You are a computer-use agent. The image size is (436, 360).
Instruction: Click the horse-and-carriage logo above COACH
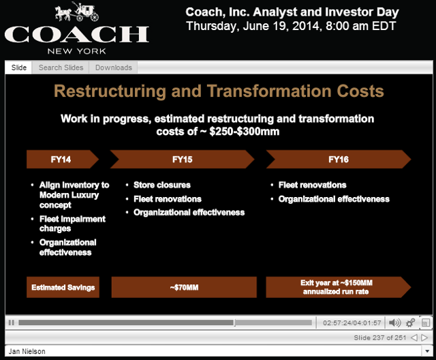point(77,12)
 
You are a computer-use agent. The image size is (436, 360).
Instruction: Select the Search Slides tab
point(61,67)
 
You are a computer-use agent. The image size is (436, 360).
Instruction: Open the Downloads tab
point(114,67)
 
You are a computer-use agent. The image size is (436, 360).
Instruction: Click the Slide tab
point(18,67)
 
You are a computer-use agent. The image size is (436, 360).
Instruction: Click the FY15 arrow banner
point(183,159)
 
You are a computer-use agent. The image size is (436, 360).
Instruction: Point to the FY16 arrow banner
point(339,159)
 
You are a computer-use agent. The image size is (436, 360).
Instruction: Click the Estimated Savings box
point(63,287)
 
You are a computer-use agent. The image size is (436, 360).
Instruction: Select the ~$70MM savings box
point(184,287)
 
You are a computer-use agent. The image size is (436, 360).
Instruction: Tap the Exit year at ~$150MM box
point(338,287)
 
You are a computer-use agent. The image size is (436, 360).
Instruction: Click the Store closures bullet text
point(162,185)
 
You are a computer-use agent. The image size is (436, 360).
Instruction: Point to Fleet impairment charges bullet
point(72,224)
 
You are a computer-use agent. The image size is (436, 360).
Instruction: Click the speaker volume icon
point(394,322)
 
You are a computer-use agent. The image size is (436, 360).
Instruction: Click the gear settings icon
point(410,322)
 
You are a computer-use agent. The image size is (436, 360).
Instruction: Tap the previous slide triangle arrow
point(414,337)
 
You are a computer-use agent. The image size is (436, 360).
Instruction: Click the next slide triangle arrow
point(424,337)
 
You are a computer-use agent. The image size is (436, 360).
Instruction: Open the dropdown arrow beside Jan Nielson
point(427,351)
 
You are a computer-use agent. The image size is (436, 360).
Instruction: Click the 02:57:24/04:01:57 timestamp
point(352,322)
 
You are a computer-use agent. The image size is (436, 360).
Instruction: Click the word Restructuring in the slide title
point(110,91)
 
